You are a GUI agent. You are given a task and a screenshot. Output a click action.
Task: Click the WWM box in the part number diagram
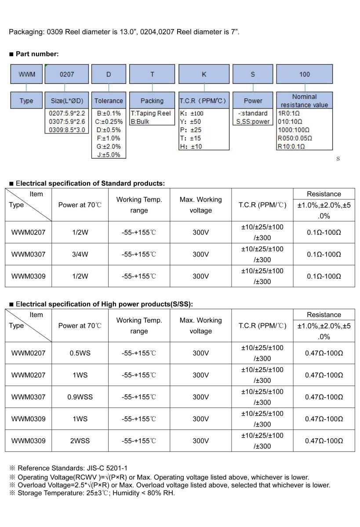tap(26, 74)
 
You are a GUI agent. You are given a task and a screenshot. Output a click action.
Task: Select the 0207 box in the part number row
tap(67, 74)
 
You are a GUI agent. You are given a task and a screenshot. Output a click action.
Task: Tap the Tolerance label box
tap(109, 101)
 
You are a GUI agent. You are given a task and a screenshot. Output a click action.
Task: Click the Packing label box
tap(152, 101)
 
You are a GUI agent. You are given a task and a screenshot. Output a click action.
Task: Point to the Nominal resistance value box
tap(304, 101)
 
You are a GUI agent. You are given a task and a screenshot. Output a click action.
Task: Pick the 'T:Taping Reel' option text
tap(151, 113)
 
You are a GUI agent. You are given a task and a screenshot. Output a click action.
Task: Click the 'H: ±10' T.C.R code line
tap(191, 146)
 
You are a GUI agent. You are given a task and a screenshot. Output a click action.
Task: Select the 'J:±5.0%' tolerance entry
tap(109, 155)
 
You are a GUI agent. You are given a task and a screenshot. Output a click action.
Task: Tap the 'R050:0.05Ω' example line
tap(295, 138)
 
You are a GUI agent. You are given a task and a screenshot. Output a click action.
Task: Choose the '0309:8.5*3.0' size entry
tap(67, 130)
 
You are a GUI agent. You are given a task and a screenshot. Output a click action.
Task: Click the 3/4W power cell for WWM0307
tap(80, 254)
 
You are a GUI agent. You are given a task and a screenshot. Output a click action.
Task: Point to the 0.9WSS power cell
tap(80, 397)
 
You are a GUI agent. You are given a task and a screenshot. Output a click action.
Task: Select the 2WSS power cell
tap(80, 441)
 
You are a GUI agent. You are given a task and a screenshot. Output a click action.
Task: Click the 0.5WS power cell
tap(80, 353)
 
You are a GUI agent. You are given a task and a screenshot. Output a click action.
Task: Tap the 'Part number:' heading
tap(37, 54)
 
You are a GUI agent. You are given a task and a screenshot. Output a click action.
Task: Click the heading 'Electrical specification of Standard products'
tap(90, 183)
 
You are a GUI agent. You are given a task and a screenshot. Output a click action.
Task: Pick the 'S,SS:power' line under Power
tap(253, 122)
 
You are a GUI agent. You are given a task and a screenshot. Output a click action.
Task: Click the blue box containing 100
tap(304, 74)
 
